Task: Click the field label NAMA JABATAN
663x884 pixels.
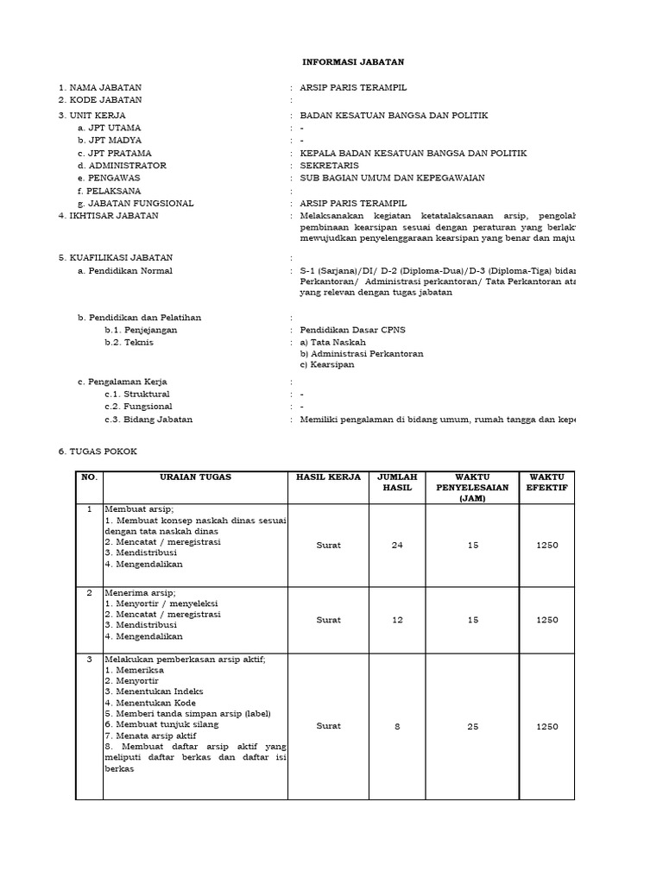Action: [104, 88]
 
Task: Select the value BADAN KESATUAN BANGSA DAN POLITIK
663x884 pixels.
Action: [394, 114]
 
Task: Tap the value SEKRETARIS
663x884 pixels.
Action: [329, 165]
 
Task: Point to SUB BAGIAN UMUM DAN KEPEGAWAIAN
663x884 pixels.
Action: [392, 178]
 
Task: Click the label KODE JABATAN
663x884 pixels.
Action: [104, 100]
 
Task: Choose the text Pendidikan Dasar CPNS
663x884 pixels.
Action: [352, 330]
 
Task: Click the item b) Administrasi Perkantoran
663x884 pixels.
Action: [362, 353]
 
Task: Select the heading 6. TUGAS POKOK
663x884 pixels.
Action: [97, 451]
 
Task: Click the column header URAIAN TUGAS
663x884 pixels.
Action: [195, 477]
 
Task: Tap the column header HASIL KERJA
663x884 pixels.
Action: [328, 477]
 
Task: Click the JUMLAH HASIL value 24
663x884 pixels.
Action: [397, 545]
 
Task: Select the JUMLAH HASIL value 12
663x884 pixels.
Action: [397, 620]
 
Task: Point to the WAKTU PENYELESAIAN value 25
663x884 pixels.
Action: [473, 727]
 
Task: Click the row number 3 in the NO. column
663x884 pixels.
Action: [89, 660]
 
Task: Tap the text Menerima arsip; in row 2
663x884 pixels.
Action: [140, 593]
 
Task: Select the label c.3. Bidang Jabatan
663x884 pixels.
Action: [148, 420]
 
